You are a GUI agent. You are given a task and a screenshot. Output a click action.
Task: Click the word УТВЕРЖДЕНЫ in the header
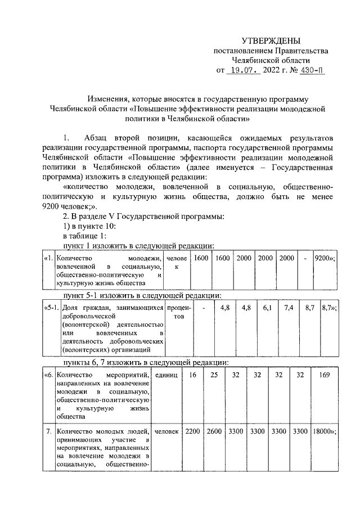coord(271,41)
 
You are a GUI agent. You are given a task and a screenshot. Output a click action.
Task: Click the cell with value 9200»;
coord(325,258)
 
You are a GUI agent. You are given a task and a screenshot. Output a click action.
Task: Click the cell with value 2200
coord(193,431)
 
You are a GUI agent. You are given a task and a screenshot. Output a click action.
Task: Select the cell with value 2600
coord(214,431)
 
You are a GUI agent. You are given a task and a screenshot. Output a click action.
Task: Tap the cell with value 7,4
coord(289,308)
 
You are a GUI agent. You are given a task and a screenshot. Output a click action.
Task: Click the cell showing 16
coord(193,375)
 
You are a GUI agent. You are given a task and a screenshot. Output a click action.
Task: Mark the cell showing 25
coord(214,375)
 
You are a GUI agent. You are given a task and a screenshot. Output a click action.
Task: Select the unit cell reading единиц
coord(166,375)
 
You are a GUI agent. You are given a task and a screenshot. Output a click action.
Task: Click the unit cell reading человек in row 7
coord(166,431)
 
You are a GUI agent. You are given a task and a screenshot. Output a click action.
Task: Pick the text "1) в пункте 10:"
coord(90,226)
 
